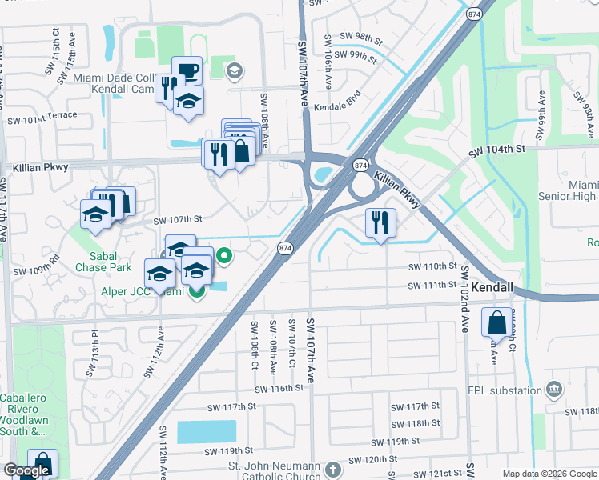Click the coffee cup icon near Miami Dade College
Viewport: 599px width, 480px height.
(x=187, y=70)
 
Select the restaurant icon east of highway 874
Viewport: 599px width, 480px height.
(x=380, y=222)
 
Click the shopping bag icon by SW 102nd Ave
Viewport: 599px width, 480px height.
(x=496, y=323)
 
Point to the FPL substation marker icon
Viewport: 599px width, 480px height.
(x=553, y=390)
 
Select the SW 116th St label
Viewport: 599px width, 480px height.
(x=279, y=388)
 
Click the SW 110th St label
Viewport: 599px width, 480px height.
(x=432, y=266)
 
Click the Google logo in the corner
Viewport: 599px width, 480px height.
(x=26, y=470)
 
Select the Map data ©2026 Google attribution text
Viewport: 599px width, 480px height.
(x=549, y=474)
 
